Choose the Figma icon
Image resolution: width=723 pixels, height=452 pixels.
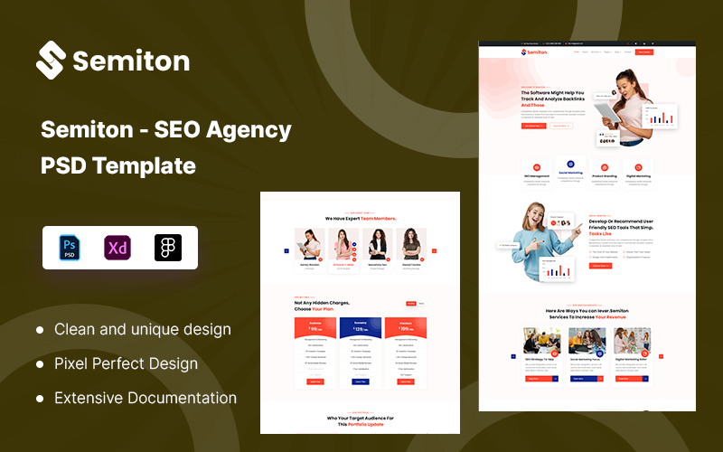pyautogui.click(x=167, y=248)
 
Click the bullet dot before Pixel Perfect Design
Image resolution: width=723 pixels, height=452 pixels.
pyautogui.click(x=40, y=364)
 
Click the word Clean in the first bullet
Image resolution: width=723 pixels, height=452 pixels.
pyautogui.click(x=75, y=330)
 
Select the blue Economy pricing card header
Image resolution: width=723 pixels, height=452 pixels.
pyautogui.click(x=360, y=327)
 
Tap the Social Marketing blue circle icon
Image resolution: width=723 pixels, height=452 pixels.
pyautogui.click(x=570, y=165)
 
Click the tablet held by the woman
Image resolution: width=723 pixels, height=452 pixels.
pyautogui.click(x=605, y=112)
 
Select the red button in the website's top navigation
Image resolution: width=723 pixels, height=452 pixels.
pyautogui.click(x=643, y=52)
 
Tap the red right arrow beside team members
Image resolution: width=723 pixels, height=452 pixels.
pyautogui.click(x=434, y=250)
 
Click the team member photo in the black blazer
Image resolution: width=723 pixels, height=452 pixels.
pyautogui.click(x=375, y=244)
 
